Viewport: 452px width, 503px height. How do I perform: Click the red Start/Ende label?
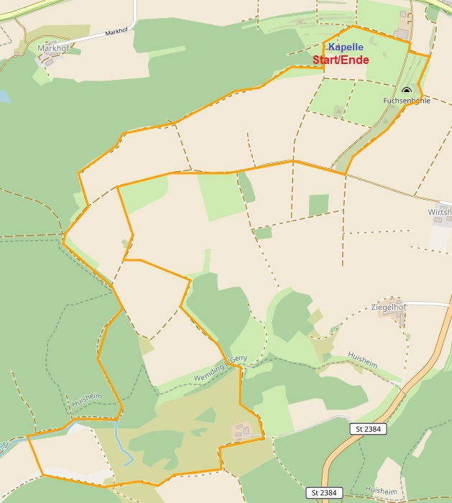coord(341,60)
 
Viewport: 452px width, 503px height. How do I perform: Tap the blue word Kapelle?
coord(346,47)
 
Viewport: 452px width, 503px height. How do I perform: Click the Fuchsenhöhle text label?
coord(407,101)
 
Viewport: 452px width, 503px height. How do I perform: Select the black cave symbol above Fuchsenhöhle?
coord(407,91)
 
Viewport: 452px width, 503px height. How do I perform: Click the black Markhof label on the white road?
coord(116,32)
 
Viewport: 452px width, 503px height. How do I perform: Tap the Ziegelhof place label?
coord(389,307)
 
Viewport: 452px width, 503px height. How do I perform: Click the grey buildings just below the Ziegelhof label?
coord(395,318)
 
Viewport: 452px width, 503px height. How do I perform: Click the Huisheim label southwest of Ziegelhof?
coord(361,357)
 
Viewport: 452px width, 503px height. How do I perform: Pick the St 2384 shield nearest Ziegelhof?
coord(370,429)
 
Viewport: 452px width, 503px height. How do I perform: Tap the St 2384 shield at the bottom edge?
coord(325,493)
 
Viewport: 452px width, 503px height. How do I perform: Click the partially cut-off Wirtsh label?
coord(440,213)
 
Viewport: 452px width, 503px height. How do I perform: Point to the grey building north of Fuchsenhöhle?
coord(400,34)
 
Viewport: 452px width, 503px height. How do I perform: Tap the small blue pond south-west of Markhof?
coord(4,96)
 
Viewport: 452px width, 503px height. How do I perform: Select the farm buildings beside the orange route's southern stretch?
coord(242,431)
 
